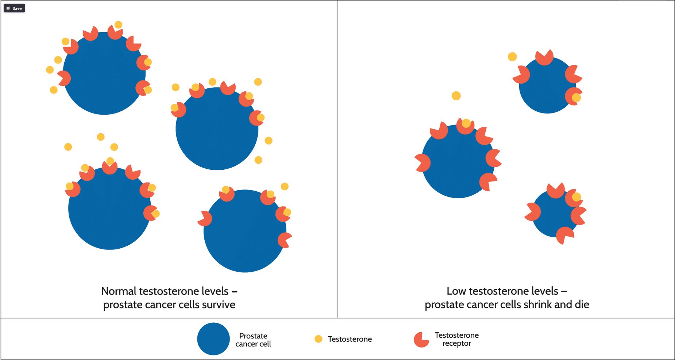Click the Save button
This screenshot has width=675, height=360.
point(14,8)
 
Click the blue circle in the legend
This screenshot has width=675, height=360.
point(213,339)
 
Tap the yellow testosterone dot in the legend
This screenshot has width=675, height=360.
point(318,339)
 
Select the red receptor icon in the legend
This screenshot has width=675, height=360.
point(421,340)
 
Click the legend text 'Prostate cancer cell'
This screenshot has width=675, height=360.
point(253,340)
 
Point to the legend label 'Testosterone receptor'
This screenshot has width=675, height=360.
point(456,339)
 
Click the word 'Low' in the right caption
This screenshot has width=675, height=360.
point(456,291)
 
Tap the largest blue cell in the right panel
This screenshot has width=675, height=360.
point(458,162)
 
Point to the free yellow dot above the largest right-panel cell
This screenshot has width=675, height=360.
point(456,96)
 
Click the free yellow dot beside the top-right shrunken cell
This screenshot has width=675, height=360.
point(512,57)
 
